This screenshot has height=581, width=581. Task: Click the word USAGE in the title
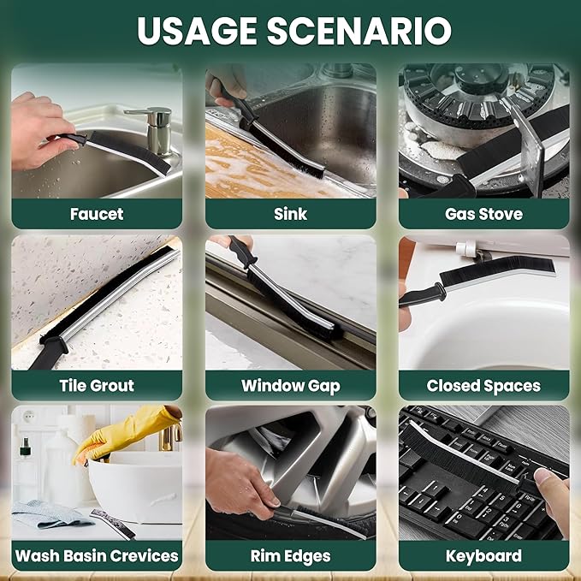click(197, 31)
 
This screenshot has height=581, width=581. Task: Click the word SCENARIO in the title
click(359, 31)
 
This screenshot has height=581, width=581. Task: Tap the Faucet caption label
click(97, 214)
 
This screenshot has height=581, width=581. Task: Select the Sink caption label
click(291, 214)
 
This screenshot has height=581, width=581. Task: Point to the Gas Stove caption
click(483, 214)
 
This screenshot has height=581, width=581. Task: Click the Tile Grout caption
click(97, 385)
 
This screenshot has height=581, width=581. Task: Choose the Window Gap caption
click(291, 386)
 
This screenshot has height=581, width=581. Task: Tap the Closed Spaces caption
click(483, 386)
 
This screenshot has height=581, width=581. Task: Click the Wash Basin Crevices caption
click(97, 556)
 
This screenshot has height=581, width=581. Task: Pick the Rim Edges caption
click(291, 556)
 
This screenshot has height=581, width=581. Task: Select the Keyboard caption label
click(483, 556)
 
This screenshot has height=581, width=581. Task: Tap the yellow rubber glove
click(122, 431)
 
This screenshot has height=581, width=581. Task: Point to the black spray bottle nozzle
click(25, 448)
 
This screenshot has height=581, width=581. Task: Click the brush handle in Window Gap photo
click(242, 251)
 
